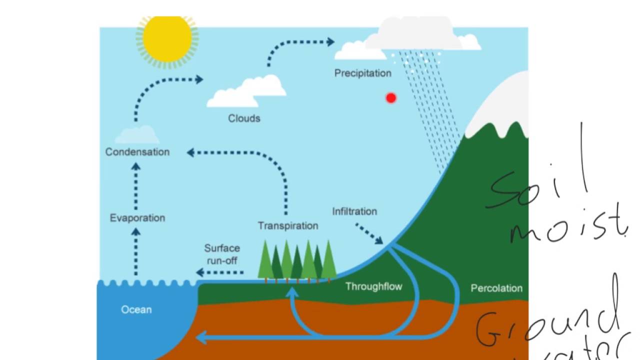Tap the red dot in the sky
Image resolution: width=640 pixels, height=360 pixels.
tap(391, 98)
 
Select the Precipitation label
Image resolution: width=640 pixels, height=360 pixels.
tap(362, 73)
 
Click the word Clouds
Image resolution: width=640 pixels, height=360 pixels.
tap(244, 118)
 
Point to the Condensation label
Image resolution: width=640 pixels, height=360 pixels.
tap(137, 152)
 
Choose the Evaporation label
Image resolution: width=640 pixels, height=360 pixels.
tap(137, 218)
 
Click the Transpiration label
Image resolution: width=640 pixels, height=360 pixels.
tap(288, 226)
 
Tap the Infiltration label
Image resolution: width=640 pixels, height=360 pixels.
tap(354, 211)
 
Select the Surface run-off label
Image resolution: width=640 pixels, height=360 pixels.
tap(222, 254)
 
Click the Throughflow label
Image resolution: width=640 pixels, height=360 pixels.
tap(373, 286)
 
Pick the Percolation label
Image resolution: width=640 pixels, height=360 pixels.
tap(496, 288)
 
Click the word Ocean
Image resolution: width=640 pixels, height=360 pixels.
tap(136, 310)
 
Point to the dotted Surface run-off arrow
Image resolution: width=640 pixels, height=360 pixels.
tap(220, 272)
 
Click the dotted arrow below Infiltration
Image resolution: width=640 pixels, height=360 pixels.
tap(369, 234)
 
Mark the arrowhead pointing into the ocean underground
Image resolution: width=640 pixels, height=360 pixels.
tap(201, 337)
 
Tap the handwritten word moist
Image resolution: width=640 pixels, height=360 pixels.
tap(567, 227)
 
